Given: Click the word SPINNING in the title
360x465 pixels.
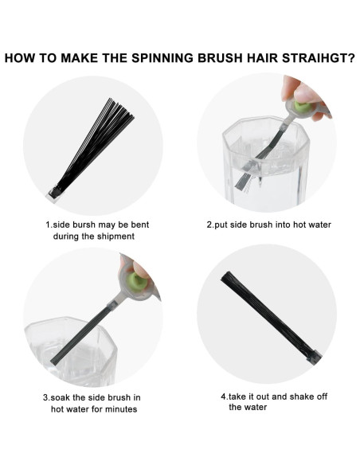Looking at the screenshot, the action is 162,58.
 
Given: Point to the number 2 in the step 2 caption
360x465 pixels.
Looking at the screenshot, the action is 209,225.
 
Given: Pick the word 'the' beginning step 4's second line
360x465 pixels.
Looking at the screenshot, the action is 235,407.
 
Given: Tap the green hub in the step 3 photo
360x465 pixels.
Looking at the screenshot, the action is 136,281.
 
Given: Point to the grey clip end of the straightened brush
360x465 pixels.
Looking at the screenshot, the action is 315,358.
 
